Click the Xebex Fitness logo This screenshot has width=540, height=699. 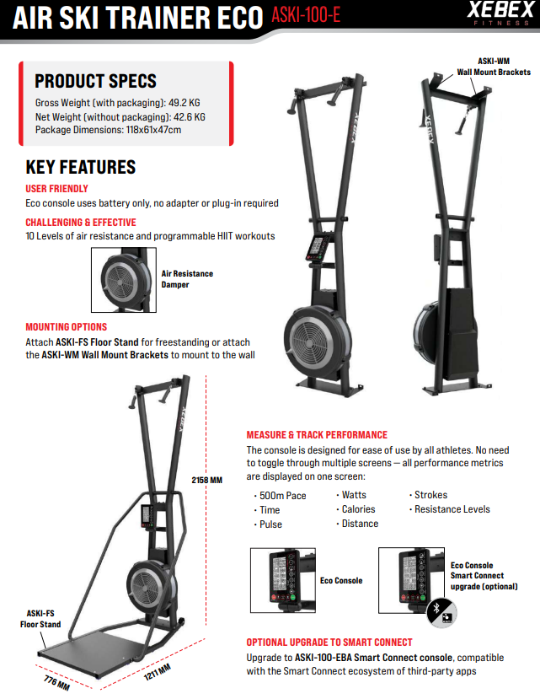click(500, 13)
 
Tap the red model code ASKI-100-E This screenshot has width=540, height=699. click(306, 14)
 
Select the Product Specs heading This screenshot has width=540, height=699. click(96, 81)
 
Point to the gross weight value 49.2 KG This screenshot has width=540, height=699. click(184, 103)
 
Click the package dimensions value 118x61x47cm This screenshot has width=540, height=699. click(153, 130)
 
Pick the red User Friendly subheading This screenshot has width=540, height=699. click(56, 189)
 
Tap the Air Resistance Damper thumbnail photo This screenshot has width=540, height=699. click(124, 280)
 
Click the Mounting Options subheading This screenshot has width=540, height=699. click(67, 327)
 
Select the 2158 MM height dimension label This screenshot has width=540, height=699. click(206, 480)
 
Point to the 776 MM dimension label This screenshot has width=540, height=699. click(56, 682)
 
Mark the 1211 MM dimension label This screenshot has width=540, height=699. click(158, 672)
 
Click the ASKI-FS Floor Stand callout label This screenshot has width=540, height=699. click(40, 619)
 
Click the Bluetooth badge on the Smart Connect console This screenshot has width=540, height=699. click(441, 613)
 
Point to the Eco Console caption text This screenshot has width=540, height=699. click(341, 580)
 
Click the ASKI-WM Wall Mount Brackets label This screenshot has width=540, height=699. click(494, 67)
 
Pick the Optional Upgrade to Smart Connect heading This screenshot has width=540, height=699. click(329, 643)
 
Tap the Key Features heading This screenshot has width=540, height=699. click(81, 167)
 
